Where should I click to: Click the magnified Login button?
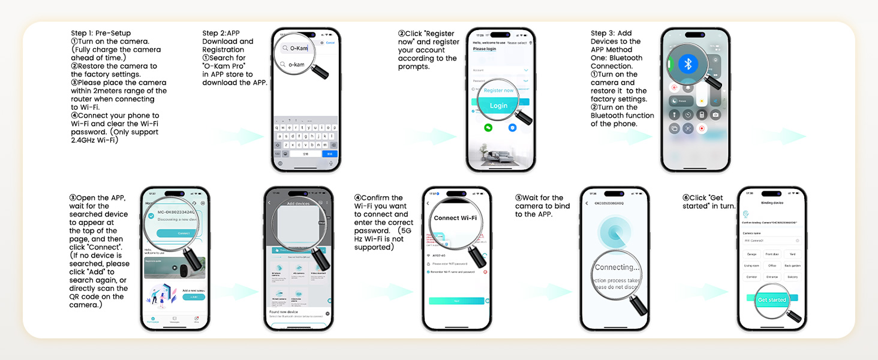498,105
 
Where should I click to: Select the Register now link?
498,91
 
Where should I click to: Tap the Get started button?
772,299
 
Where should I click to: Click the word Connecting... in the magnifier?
617,268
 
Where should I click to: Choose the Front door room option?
772,254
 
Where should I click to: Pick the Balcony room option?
792,277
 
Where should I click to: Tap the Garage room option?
751,254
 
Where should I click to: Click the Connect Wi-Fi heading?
455,218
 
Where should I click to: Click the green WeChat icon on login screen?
488,128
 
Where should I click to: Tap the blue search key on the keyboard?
330,154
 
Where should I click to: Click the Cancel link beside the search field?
330,43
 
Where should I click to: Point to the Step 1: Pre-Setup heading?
101,34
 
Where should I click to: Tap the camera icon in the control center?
715,115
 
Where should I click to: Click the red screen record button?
702,128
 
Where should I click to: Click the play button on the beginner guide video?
175,268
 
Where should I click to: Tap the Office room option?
772,266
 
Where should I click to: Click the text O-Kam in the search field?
299,48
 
